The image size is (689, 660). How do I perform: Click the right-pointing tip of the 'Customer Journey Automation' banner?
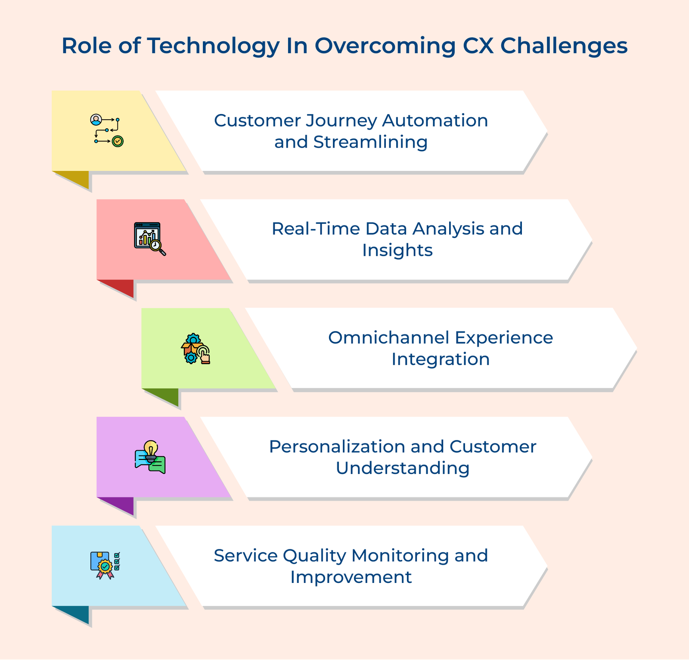pos(547,131)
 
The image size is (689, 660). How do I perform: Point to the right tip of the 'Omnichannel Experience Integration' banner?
pos(637,348)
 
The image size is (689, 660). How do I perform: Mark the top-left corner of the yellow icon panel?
pos(52,90)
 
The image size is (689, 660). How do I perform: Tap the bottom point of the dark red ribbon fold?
pos(133,297)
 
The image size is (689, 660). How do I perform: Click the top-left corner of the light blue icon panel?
pos(52,526)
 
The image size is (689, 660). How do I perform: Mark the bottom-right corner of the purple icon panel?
pos(232,497)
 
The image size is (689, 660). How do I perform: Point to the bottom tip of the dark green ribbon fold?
pos(178,406)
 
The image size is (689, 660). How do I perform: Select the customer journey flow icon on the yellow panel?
pos(107,130)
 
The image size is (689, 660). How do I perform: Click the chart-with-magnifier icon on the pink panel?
pos(150,239)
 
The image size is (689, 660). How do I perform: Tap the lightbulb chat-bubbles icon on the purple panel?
pos(150,457)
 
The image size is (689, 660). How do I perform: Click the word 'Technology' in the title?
pos(214,46)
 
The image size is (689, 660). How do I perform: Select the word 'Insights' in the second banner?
pos(397,251)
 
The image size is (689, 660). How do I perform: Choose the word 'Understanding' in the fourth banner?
pos(403,468)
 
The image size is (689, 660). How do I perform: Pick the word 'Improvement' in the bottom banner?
pos(351,577)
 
